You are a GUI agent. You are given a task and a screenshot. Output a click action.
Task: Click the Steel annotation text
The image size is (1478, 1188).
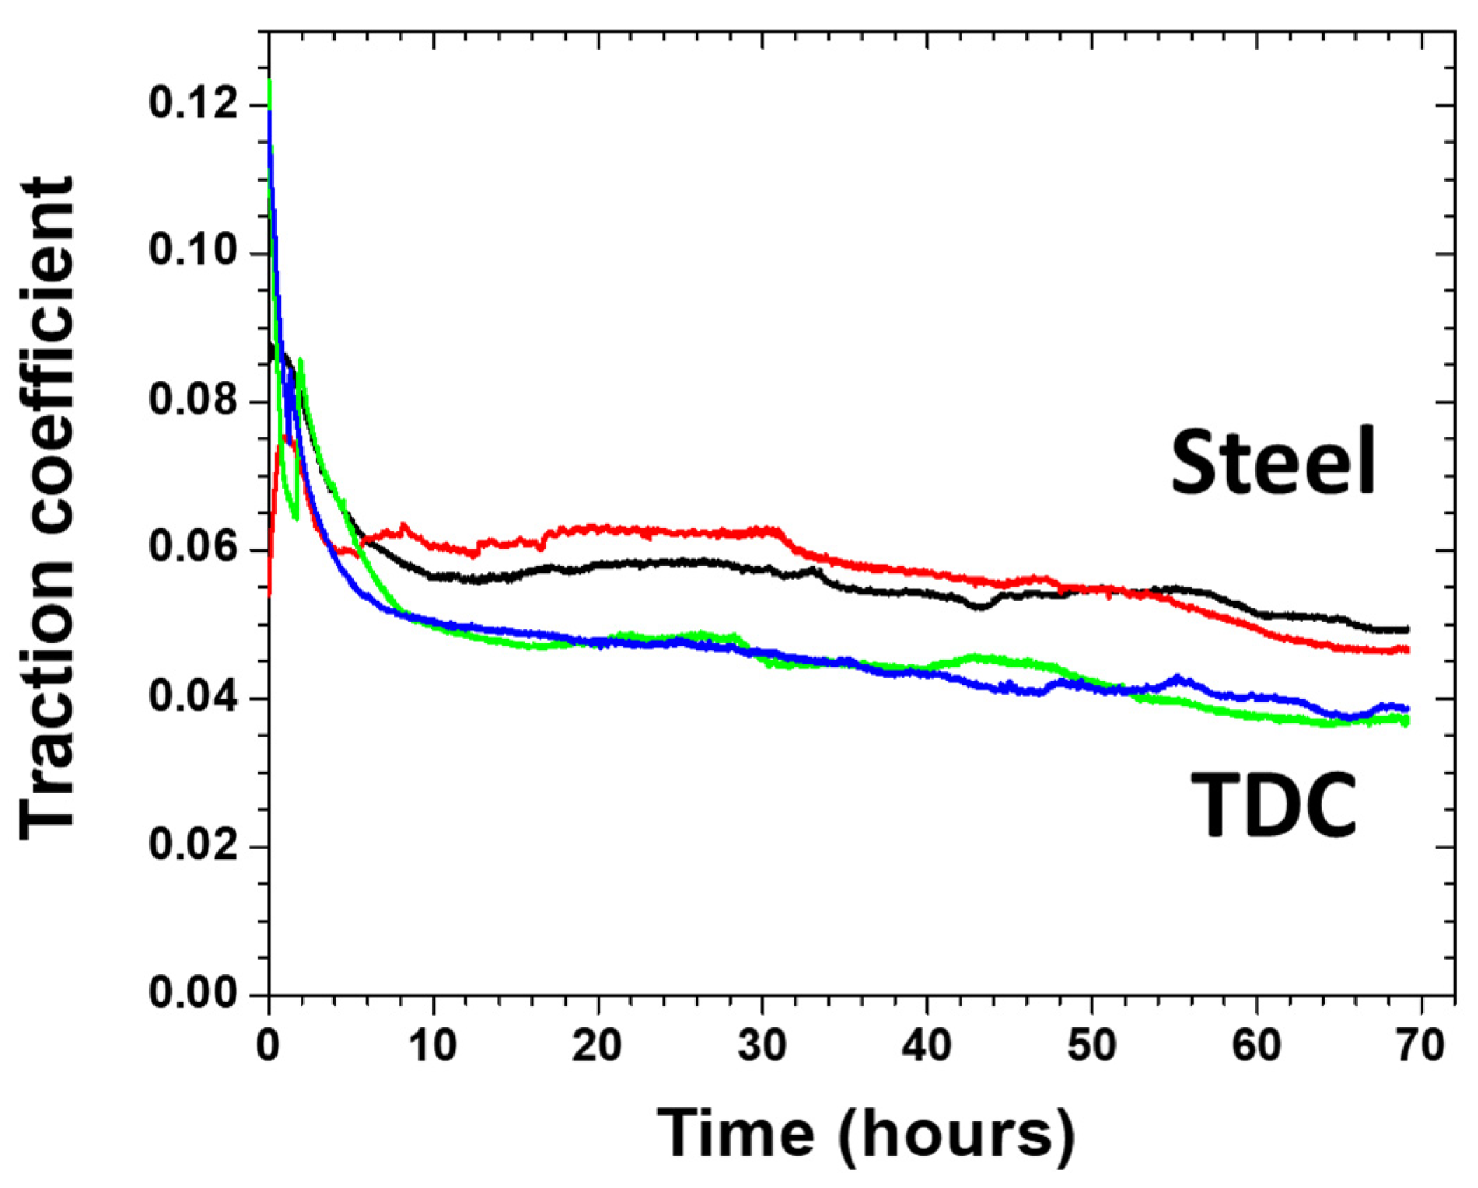tap(1273, 463)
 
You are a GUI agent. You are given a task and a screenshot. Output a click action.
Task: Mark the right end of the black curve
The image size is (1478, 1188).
tap(1407, 629)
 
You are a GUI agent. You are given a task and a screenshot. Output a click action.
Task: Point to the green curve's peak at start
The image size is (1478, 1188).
tap(270, 83)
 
